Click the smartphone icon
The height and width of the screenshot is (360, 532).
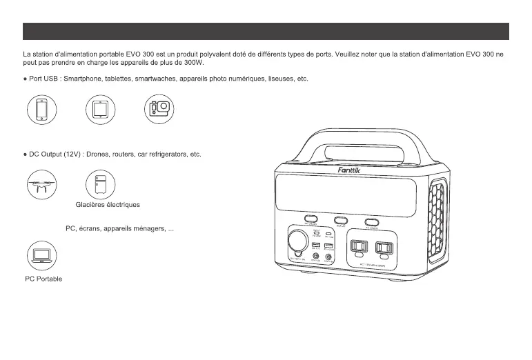click(41, 110)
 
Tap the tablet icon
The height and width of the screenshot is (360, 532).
click(100, 110)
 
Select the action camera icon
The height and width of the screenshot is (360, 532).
click(159, 110)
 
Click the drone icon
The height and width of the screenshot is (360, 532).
click(41, 184)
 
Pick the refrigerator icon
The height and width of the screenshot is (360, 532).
click(100, 184)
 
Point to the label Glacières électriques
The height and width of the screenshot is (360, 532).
click(107, 205)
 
